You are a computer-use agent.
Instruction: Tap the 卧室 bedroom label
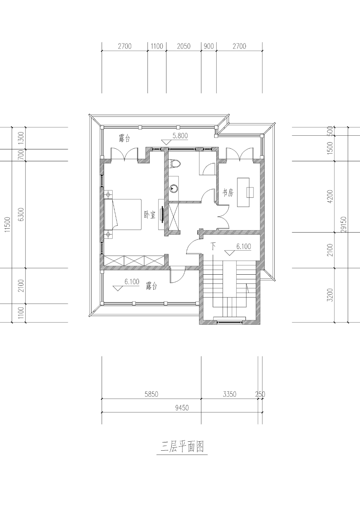[x=150, y=215]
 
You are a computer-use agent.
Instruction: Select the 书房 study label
[x=228, y=193]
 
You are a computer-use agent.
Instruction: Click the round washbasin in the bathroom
[x=174, y=188]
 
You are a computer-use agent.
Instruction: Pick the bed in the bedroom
[x=123, y=215]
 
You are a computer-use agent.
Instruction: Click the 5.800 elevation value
[x=180, y=136]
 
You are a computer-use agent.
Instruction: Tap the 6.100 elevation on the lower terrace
[x=132, y=282]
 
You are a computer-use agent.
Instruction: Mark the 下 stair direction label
[x=213, y=246]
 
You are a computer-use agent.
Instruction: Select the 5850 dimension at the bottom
[x=151, y=394]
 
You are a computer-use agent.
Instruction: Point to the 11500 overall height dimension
[x=8, y=225]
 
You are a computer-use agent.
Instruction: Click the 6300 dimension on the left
[x=21, y=215]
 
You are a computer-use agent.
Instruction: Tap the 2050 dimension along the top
[x=184, y=46]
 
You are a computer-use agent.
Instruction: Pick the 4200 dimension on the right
[x=330, y=197]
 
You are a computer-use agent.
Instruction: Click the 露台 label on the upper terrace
[x=124, y=138]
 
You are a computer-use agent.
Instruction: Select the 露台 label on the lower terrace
[x=151, y=286]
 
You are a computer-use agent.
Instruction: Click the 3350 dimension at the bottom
[x=230, y=394]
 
